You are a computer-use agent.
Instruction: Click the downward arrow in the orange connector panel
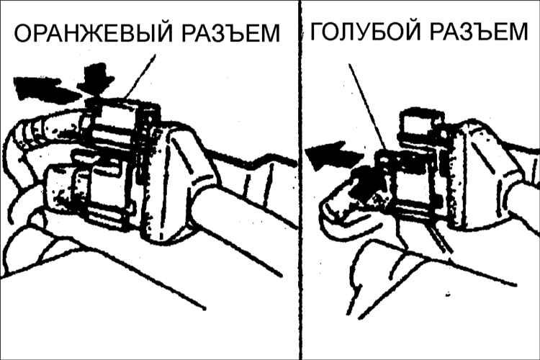point(95,79)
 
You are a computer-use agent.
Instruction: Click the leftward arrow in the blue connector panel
point(333,155)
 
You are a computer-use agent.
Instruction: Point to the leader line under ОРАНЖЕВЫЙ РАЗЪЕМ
point(141,76)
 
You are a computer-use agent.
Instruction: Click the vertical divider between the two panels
point(300,180)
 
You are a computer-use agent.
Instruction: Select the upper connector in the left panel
point(120,124)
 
